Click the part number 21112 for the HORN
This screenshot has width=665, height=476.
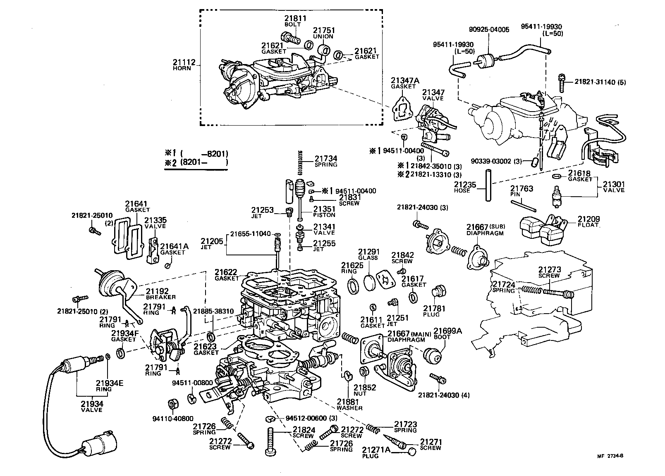click(184, 62)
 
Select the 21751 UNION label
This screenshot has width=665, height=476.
click(324, 33)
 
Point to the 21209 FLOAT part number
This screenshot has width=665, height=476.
click(588, 219)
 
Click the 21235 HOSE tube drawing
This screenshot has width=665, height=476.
click(488, 186)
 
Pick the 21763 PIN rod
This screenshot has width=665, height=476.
click(524, 206)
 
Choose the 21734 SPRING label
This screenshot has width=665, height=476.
click(326, 161)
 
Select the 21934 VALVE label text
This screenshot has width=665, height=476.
click(92, 406)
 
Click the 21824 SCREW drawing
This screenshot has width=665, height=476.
click(271, 441)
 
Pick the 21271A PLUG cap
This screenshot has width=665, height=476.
click(412, 452)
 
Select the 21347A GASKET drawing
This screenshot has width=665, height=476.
click(402, 109)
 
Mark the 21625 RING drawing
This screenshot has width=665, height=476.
click(353, 286)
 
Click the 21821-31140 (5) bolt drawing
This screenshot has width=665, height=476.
click(561, 83)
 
